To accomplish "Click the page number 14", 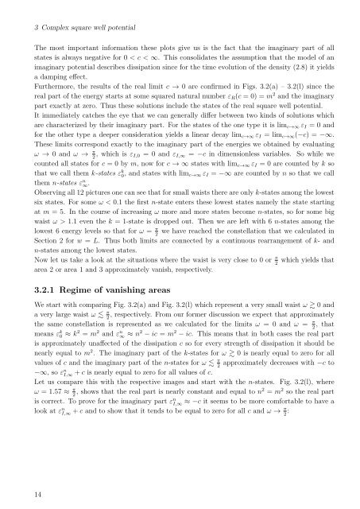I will [16, 494].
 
